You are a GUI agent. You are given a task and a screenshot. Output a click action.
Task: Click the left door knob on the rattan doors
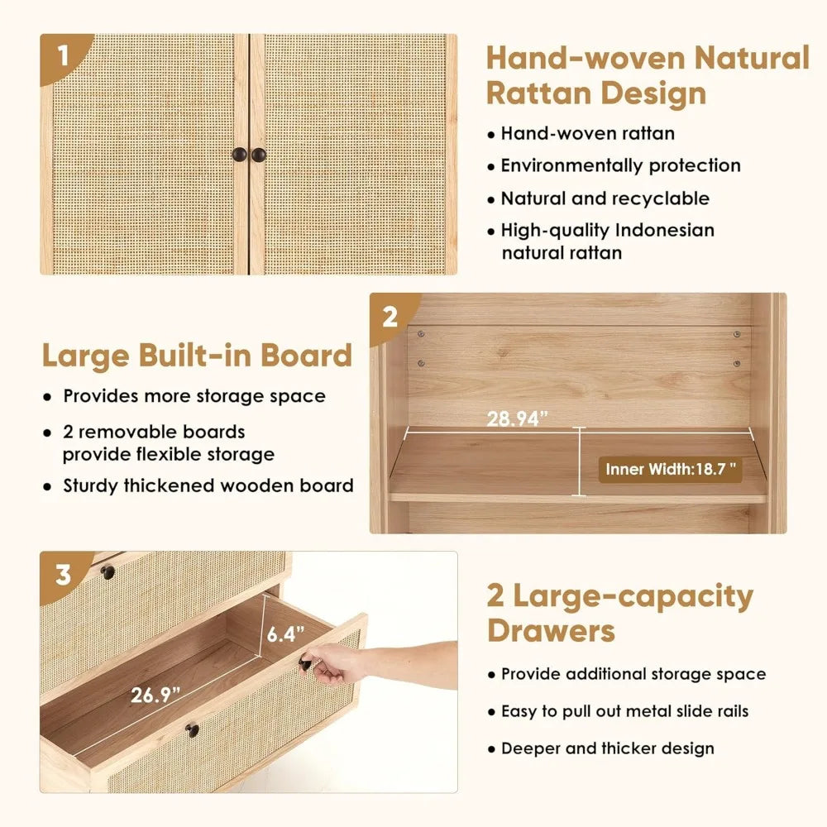coord(240,155)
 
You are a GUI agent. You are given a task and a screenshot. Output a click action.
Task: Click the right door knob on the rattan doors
coord(258,155)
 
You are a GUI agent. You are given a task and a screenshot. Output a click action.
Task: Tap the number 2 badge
coord(390,317)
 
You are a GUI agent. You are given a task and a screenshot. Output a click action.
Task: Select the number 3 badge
coord(63,576)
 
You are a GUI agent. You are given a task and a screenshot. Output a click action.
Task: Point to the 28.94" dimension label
coord(517,418)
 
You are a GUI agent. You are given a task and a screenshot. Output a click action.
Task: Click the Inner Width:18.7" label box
coord(671,470)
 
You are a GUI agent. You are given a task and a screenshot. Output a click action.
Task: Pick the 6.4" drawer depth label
coord(285,633)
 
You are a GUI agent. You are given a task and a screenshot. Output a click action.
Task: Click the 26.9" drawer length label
coord(155,695)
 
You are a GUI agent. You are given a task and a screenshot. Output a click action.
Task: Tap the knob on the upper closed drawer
coord(108,571)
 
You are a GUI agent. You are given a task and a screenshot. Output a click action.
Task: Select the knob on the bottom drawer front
coord(192,730)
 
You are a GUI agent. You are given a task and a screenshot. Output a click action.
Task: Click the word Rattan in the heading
coord(538,93)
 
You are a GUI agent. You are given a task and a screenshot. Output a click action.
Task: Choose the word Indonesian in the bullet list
coord(665,230)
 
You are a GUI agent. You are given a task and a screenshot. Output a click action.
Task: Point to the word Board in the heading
coord(306,355)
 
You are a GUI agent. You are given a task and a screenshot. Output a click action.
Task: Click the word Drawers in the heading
coord(551,631)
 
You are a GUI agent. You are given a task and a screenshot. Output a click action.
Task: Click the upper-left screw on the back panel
coord(421,334)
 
